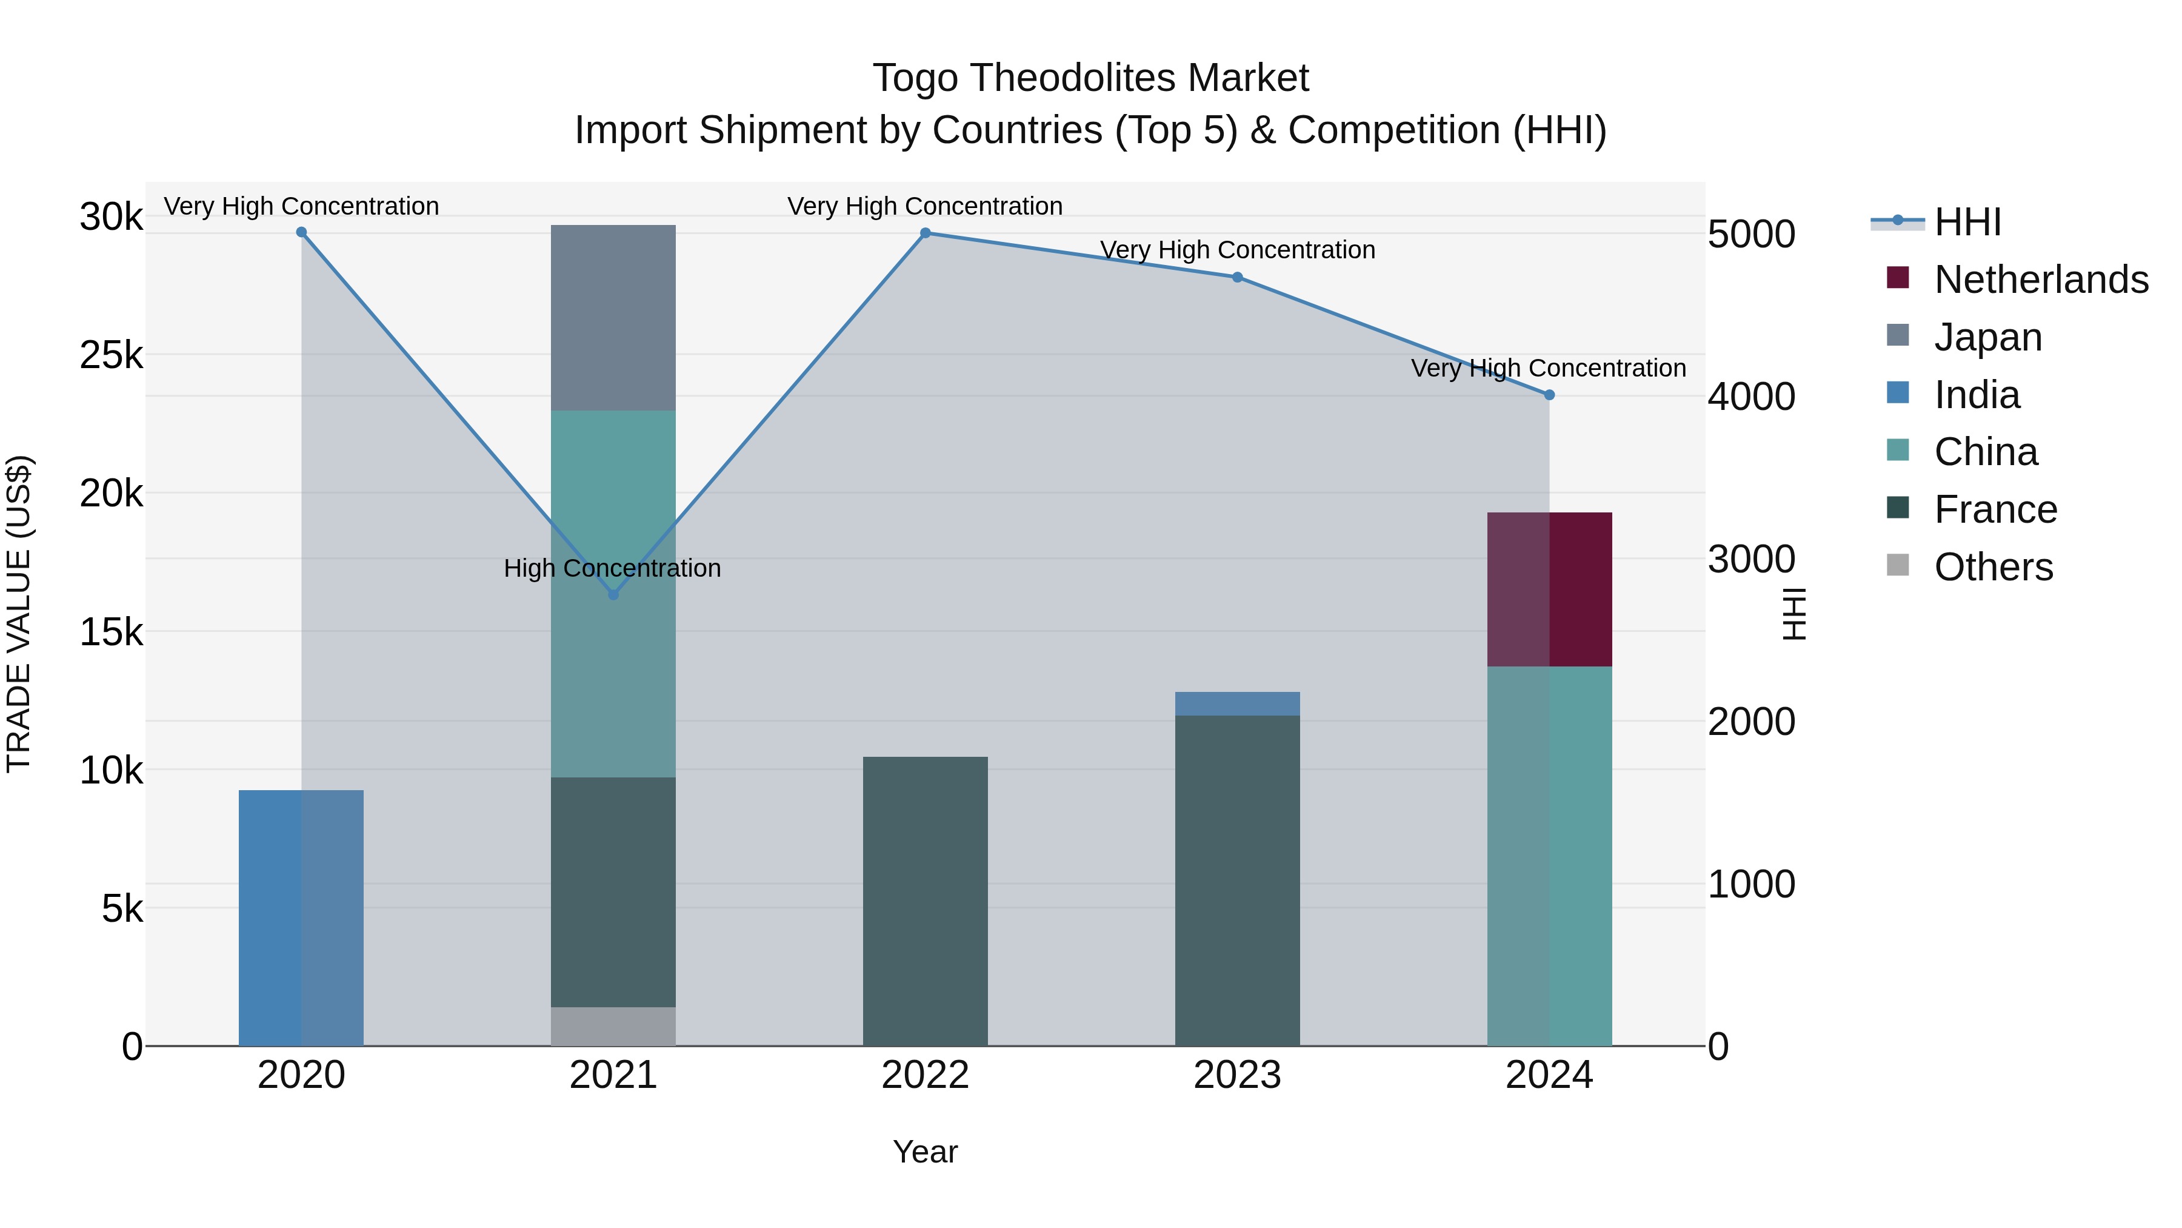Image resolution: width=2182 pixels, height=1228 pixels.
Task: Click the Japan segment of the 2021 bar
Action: [x=613, y=318]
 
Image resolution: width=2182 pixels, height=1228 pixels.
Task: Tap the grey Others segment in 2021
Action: [x=613, y=1025]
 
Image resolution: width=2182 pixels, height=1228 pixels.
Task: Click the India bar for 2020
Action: [x=301, y=918]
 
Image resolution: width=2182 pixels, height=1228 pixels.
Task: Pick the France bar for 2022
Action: [x=925, y=901]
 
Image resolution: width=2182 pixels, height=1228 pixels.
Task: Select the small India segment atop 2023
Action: [x=1236, y=703]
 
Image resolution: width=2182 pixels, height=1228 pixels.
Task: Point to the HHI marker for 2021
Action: [x=613, y=595]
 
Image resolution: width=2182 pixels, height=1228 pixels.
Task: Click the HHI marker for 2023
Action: [x=1236, y=277]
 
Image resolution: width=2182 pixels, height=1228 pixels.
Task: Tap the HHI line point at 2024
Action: [x=1549, y=395]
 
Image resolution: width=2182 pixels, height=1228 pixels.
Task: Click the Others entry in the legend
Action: [x=1993, y=567]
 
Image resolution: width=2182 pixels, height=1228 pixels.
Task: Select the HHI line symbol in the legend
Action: [x=1897, y=221]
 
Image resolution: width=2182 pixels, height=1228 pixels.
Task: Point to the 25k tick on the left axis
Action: [x=111, y=355]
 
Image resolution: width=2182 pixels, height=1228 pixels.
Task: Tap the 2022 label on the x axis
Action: [x=925, y=1075]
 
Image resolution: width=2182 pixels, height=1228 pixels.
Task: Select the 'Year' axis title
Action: [x=925, y=1152]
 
